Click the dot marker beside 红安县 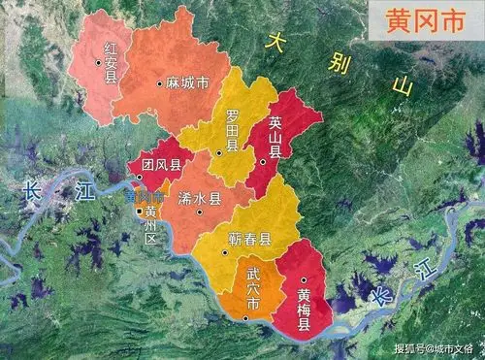98,63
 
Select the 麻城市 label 187,84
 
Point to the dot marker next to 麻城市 160,84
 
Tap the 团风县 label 160,166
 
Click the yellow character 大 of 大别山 278,43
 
